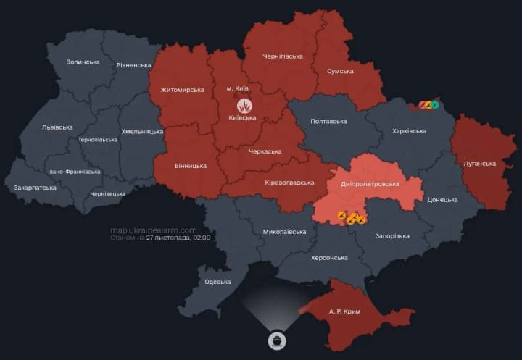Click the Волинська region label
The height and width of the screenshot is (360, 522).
[83, 62]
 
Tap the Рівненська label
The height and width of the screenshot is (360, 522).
[133, 65]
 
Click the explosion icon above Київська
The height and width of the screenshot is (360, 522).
[246, 105]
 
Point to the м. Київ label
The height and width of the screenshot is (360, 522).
[237, 88]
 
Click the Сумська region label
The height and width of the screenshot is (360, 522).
[340, 71]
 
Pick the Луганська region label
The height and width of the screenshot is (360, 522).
[479, 164]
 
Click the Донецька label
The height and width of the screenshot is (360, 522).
[442, 199]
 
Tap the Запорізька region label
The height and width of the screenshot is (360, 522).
[392, 236]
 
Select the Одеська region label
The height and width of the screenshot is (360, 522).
[217, 282]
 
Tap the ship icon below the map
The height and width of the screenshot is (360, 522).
[276, 339]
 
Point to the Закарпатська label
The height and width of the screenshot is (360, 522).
[35, 188]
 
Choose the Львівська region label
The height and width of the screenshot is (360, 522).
[58, 127]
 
